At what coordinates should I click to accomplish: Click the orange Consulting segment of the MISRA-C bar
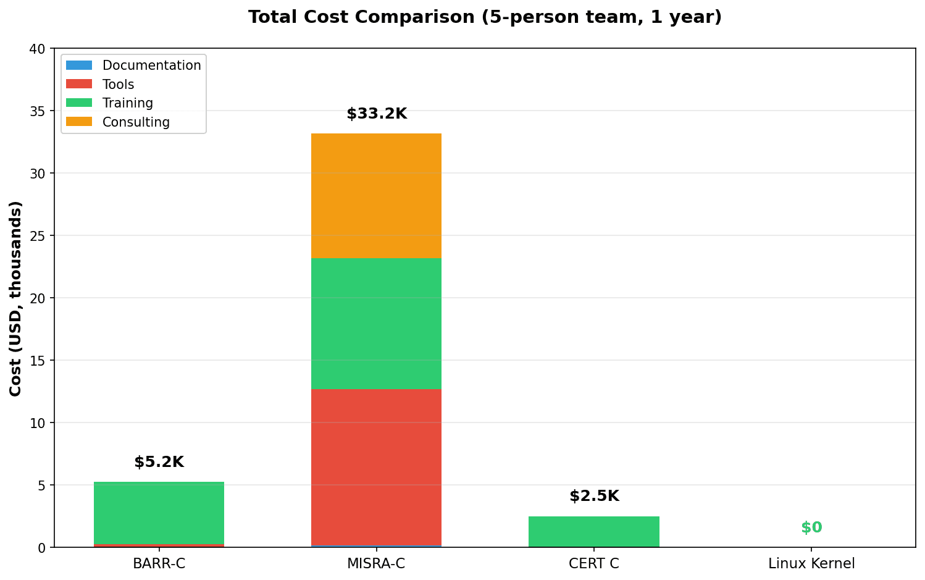click(376, 196)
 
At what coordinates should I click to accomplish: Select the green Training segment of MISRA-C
click(376, 323)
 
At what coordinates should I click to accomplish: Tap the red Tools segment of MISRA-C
click(376, 467)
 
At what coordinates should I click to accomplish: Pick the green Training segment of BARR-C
click(159, 513)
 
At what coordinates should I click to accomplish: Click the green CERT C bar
click(593, 532)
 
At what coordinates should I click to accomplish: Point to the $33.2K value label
click(377, 114)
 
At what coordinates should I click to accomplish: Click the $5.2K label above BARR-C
click(159, 462)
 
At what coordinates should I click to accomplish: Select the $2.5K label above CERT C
click(594, 496)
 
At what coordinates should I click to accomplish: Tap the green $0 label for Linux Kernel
click(811, 527)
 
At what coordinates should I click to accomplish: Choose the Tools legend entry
click(118, 85)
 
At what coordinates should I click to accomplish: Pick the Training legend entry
click(127, 103)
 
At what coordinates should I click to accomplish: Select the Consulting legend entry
click(136, 122)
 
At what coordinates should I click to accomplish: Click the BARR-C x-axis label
click(159, 563)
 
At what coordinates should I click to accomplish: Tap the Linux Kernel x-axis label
click(811, 563)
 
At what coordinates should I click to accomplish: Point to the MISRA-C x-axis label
click(376, 563)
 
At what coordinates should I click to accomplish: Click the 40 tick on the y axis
click(38, 49)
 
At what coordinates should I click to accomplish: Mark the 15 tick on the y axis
click(38, 361)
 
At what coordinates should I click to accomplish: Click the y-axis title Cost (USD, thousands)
click(16, 298)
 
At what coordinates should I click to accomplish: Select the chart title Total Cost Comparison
click(485, 17)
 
